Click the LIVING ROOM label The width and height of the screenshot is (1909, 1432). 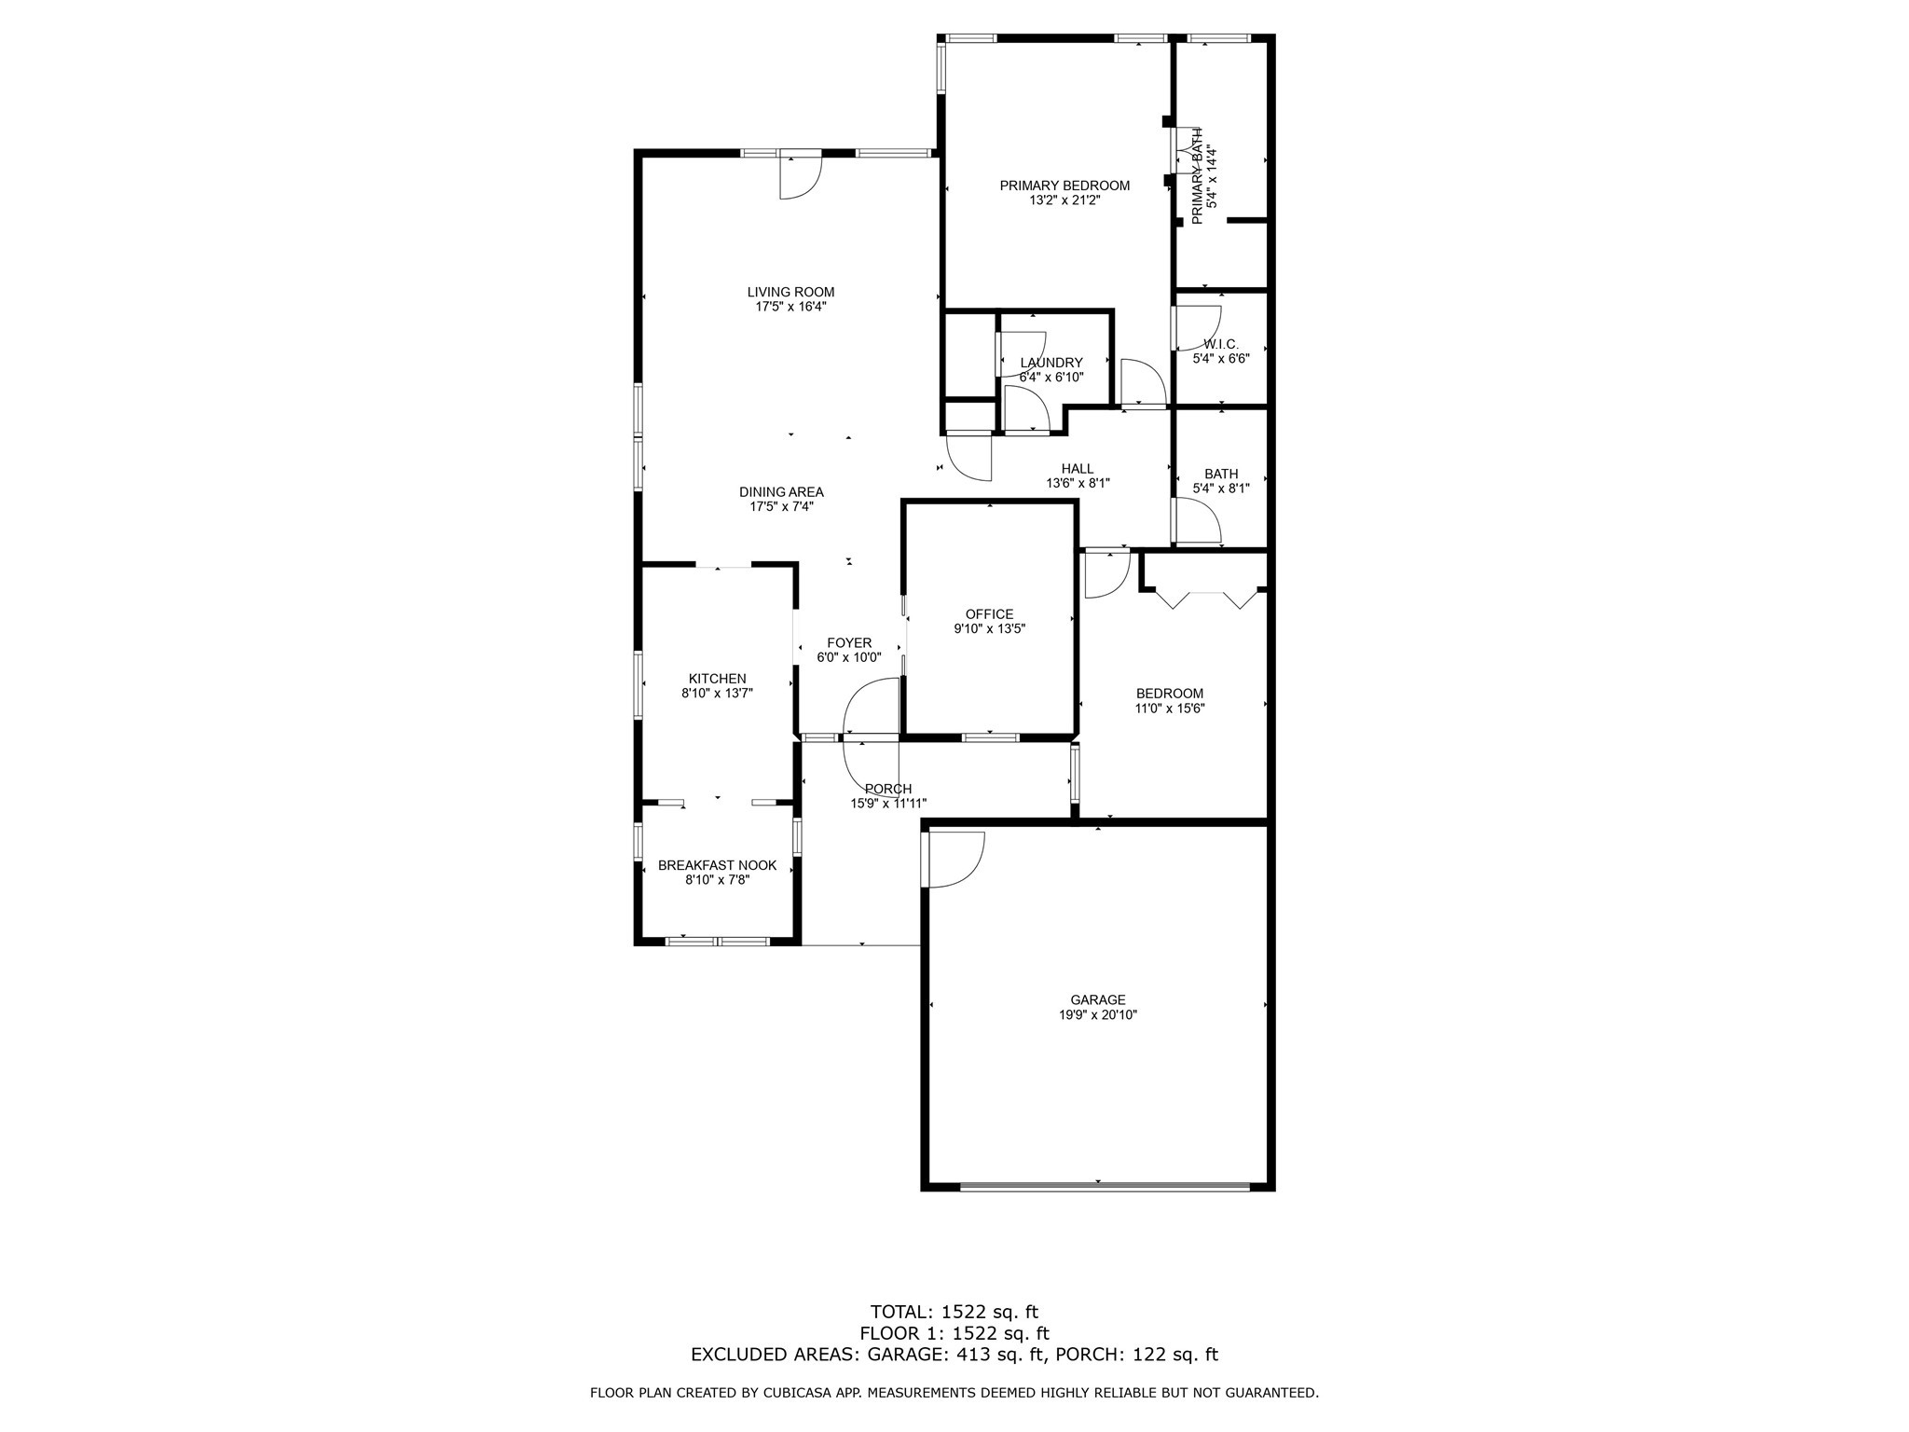pos(790,292)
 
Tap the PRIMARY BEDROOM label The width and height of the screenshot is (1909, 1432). pos(1064,186)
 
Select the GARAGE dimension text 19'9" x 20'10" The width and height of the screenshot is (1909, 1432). pos(1097,1014)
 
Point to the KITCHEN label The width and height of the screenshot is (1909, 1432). pos(717,679)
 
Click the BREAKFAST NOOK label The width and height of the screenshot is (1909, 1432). pos(717,865)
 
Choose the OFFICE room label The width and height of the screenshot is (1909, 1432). pos(989,614)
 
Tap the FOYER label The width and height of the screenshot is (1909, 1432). pos(849,642)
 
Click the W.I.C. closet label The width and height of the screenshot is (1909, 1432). pos(1220,344)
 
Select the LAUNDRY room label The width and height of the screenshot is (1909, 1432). pos(1051,363)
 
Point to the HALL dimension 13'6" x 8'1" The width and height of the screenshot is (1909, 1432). pos(1078,483)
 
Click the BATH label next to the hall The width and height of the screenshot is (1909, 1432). pos(1221,474)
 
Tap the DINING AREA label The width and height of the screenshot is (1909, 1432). pos(781,492)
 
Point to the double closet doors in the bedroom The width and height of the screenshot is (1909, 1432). pos(1207,598)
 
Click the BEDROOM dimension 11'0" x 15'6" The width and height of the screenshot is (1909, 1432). pos(1169,708)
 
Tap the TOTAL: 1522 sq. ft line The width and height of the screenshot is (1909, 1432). pos(954,1313)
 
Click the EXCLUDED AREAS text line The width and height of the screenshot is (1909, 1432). pos(954,1355)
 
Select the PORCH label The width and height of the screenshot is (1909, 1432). pos(887,789)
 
